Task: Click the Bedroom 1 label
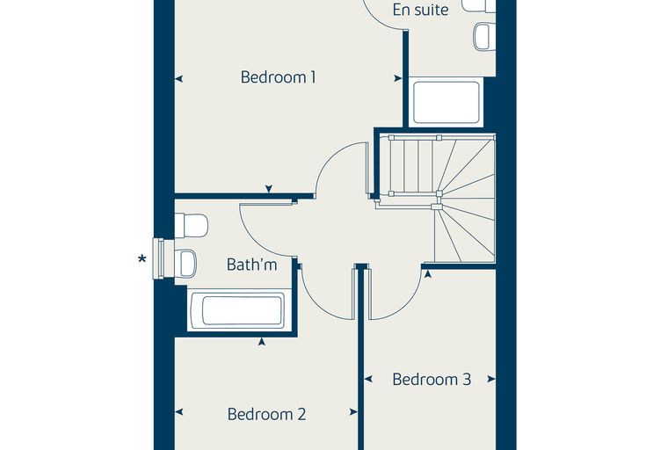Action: (x=279, y=77)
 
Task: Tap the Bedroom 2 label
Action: (x=266, y=414)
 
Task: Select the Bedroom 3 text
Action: (x=432, y=379)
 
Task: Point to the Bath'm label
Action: (x=251, y=265)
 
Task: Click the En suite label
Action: (x=420, y=10)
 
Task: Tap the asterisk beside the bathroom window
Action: (x=142, y=258)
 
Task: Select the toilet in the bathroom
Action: (x=192, y=225)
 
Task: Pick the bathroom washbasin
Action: (x=185, y=264)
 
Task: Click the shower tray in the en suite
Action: (x=446, y=102)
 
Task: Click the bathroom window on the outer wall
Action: (x=158, y=258)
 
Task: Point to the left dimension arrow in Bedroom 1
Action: (x=179, y=79)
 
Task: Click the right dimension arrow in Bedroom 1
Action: (x=398, y=78)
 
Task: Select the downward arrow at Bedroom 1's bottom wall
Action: (x=268, y=189)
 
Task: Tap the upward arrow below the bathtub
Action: (x=262, y=341)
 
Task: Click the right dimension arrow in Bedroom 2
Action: (x=353, y=412)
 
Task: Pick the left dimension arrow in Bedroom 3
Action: (x=369, y=379)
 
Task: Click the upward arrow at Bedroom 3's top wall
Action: (x=428, y=274)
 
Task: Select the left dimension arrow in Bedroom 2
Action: (x=179, y=412)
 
